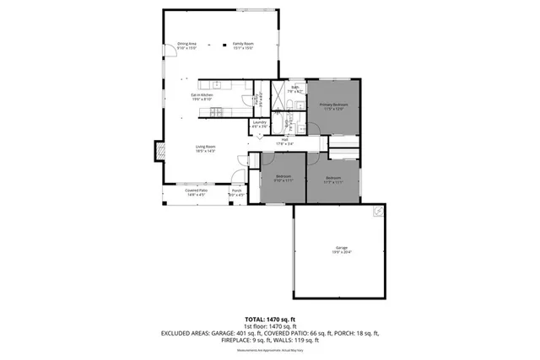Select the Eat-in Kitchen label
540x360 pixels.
click(202, 97)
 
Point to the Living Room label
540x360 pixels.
click(206, 148)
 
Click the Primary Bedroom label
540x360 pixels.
click(333, 106)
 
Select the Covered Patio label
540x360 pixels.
click(197, 192)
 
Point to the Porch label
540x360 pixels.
click(237, 192)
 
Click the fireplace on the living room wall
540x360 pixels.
click(158, 152)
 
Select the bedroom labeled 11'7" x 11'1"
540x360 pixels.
click(333, 180)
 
